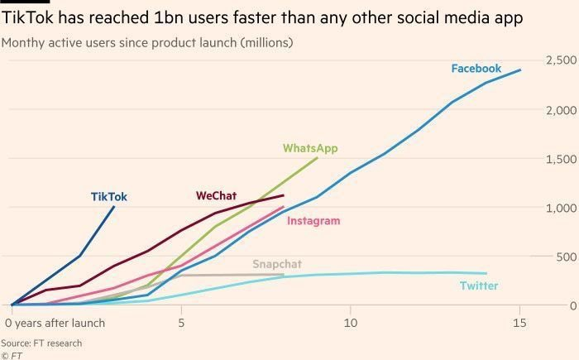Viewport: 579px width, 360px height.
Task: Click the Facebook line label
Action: click(476, 69)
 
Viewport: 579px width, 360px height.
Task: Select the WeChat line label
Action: click(216, 196)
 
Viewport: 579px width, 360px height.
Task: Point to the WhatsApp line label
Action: click(310, 148)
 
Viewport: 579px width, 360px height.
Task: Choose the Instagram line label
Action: click(313, 221)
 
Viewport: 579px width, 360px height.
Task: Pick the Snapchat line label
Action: click(277, 264)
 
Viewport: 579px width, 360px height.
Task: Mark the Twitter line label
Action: click(479, 286)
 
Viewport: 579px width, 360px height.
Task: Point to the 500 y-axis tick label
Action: click(565, 257)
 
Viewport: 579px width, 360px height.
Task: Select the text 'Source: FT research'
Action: click(41, 343)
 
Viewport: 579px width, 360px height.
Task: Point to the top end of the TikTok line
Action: click(114, 207)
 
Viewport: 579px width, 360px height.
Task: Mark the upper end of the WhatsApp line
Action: click(317, 158)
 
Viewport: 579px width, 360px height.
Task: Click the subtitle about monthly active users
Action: click(147, 41)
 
